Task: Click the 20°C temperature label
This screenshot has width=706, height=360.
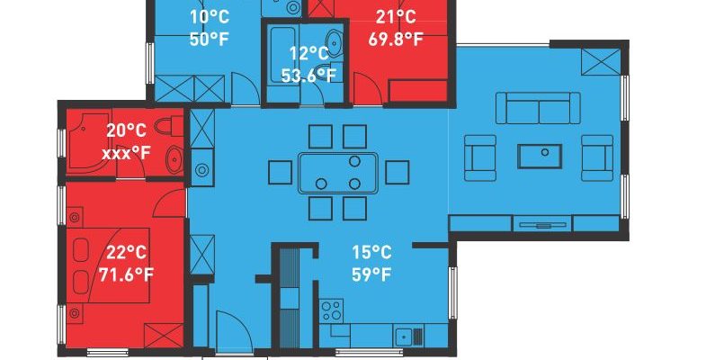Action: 126,130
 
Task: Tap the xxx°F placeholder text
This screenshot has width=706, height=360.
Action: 126,154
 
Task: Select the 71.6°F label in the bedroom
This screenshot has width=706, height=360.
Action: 126,274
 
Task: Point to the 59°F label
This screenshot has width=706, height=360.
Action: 371,274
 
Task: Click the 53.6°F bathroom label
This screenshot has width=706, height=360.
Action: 308,75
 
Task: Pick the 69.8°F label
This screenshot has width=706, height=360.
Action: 396,40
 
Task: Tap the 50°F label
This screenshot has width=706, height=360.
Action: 210,40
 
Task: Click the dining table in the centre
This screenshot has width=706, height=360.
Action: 337,173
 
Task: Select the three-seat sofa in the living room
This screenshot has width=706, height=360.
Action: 538,108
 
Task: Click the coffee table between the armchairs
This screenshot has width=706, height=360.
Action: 540,157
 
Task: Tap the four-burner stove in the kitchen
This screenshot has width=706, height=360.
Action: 331,310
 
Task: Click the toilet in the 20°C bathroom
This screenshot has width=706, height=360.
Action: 169,126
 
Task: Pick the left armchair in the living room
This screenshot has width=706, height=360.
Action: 480,158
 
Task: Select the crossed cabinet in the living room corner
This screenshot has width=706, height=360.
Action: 601,62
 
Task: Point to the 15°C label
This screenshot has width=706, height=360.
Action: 371,252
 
